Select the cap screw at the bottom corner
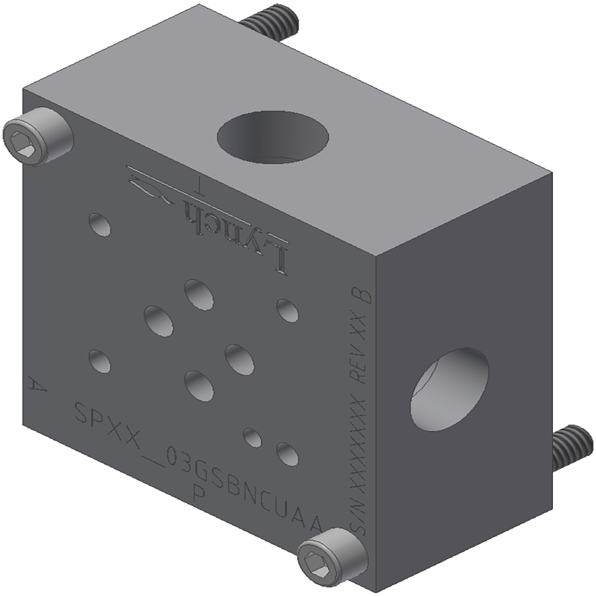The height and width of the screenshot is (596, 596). point(332,555)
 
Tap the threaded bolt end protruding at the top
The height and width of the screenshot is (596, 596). point(271,22)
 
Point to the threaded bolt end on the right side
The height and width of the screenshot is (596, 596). point(572,447)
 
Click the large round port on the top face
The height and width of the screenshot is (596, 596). point(272,137)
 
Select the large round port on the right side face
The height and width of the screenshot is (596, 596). point(449,389)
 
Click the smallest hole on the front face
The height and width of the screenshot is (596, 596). point(252,438)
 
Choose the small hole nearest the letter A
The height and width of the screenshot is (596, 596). point(100,361)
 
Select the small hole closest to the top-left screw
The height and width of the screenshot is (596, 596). point(100,224)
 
